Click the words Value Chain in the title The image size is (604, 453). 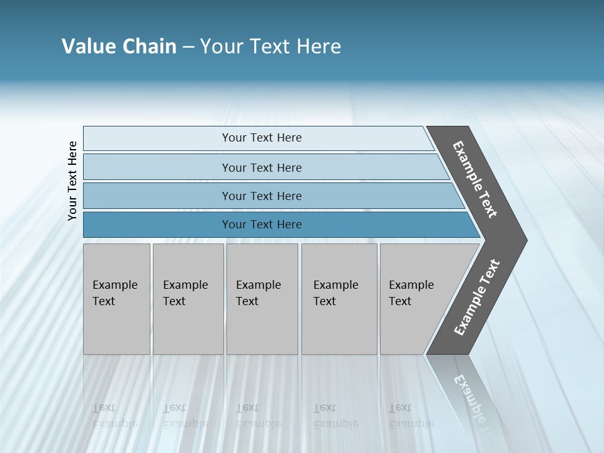point(119,47)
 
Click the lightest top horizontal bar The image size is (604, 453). point(157,138)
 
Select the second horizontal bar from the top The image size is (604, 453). point(157,167)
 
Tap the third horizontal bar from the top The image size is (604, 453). point(157,196)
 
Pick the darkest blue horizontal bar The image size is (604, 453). point(157,225)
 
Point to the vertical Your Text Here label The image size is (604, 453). point(72,181)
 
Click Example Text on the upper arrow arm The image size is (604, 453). point(475,179)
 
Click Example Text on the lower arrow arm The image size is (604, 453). point(476,298)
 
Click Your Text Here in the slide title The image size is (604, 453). point(271,47)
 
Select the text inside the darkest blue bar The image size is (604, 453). point(262,225)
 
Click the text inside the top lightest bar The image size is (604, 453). point(262,138)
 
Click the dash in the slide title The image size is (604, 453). point(188,47)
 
